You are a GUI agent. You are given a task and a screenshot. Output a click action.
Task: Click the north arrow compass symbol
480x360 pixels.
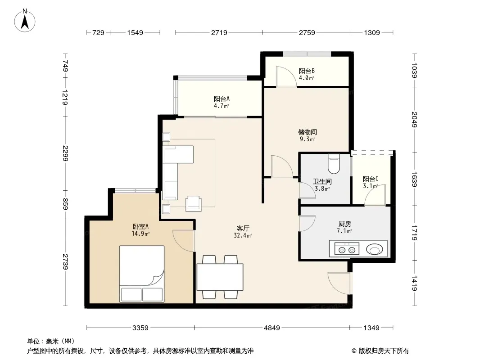tap(25, 21)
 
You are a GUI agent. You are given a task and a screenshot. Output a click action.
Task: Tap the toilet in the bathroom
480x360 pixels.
tap(334, 164)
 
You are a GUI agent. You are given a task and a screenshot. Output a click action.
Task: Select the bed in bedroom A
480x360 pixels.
tap(142, 274)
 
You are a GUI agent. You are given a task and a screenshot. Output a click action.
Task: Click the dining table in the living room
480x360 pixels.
tap(220, 277)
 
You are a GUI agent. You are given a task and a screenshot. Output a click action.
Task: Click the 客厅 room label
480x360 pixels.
tap(243, 228)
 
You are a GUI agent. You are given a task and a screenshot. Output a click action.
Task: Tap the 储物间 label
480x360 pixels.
tap(308, 132)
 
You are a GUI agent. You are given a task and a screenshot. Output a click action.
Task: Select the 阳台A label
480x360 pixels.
tap(222, 99)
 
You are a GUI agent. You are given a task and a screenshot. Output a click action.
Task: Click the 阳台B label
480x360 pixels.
tap(307, 71)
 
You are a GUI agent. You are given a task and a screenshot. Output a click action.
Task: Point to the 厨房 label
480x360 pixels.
tap(345, 224)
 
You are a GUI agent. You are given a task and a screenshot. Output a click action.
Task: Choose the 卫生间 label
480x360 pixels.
tap(322, 182)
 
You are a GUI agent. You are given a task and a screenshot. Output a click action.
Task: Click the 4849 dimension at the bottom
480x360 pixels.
tap(272, 328)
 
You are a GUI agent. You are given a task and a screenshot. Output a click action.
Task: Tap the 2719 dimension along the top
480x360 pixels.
tap(219, 32)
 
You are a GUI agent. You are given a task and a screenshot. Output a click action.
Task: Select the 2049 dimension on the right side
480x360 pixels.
tap(414, 120)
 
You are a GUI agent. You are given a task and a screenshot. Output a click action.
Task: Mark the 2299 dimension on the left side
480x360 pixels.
tap(65, 153)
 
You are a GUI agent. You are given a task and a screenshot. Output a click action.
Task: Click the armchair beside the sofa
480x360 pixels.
tap(194, 204)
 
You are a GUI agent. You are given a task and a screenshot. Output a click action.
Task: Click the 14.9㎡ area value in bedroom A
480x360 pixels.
tap(140, 234)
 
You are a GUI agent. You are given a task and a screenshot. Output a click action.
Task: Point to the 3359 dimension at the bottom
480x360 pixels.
tap(140, 328)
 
